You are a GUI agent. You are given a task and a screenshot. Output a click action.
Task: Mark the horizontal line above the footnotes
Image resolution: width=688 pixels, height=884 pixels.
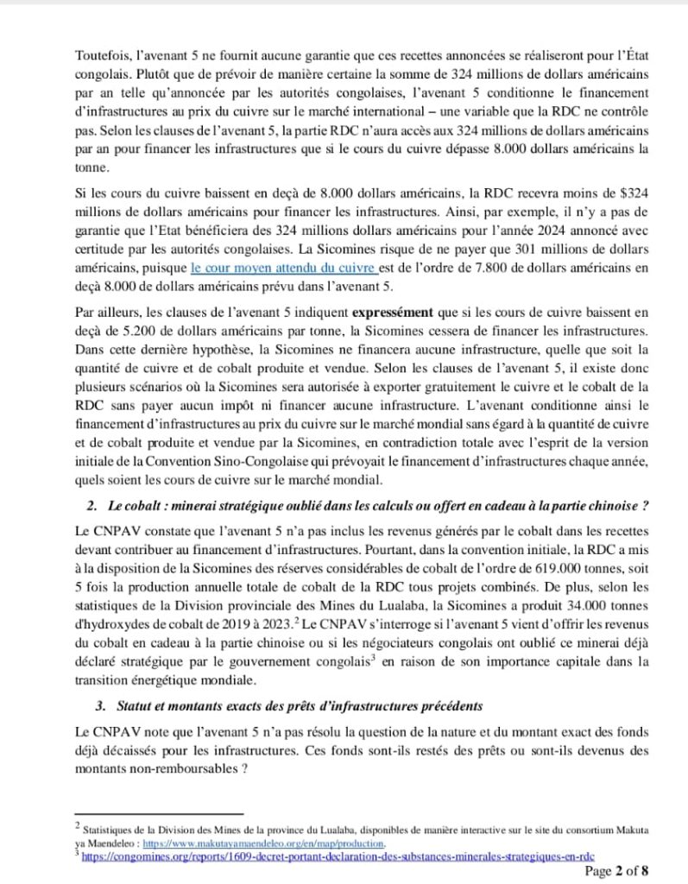tap(161, 813)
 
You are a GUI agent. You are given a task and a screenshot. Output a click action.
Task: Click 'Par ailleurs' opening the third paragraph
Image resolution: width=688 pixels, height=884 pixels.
tap(102, 307)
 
